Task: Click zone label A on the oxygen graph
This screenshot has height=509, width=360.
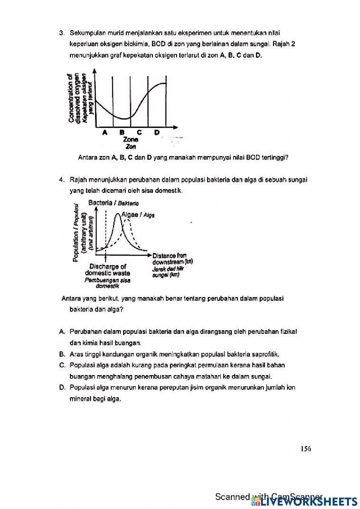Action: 105,132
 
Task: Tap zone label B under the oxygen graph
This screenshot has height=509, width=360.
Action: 122,132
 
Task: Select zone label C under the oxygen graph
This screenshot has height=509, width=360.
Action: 139,132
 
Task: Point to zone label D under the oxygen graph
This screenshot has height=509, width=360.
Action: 157,132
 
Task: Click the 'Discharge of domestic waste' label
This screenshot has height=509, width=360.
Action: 108,270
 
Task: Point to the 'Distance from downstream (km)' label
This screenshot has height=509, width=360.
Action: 172,259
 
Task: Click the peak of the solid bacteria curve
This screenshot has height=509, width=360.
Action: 117,214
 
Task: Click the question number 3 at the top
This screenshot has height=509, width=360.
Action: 62,33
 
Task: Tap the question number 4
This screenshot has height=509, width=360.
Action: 62,179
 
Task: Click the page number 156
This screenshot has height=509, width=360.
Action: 306,448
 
